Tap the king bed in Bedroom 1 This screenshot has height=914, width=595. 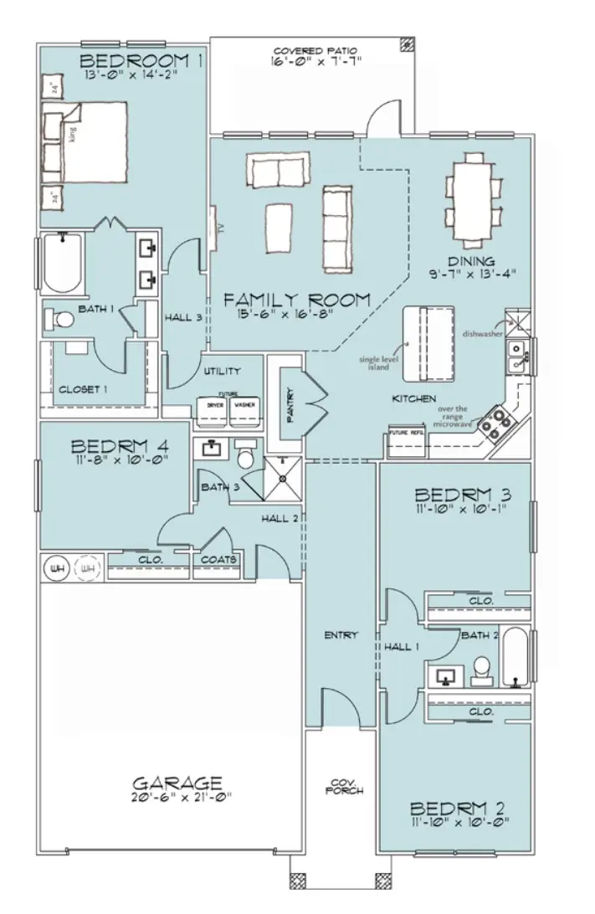point(84,141)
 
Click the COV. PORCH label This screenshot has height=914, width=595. point(343,785)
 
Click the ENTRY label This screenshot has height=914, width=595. point(340,635)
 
